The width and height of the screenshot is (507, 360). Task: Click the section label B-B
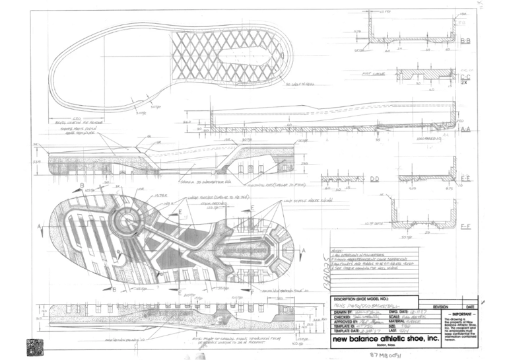[465, 41]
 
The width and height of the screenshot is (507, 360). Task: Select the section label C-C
[465, 78]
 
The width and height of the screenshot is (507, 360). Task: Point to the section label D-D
[374, 180]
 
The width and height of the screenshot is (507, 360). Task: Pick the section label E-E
[465, 179]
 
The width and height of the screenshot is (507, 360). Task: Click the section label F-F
[465, 226]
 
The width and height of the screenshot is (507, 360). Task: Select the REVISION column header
[441, 306]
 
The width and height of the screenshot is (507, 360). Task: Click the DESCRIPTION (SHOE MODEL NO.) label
[365, 299]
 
